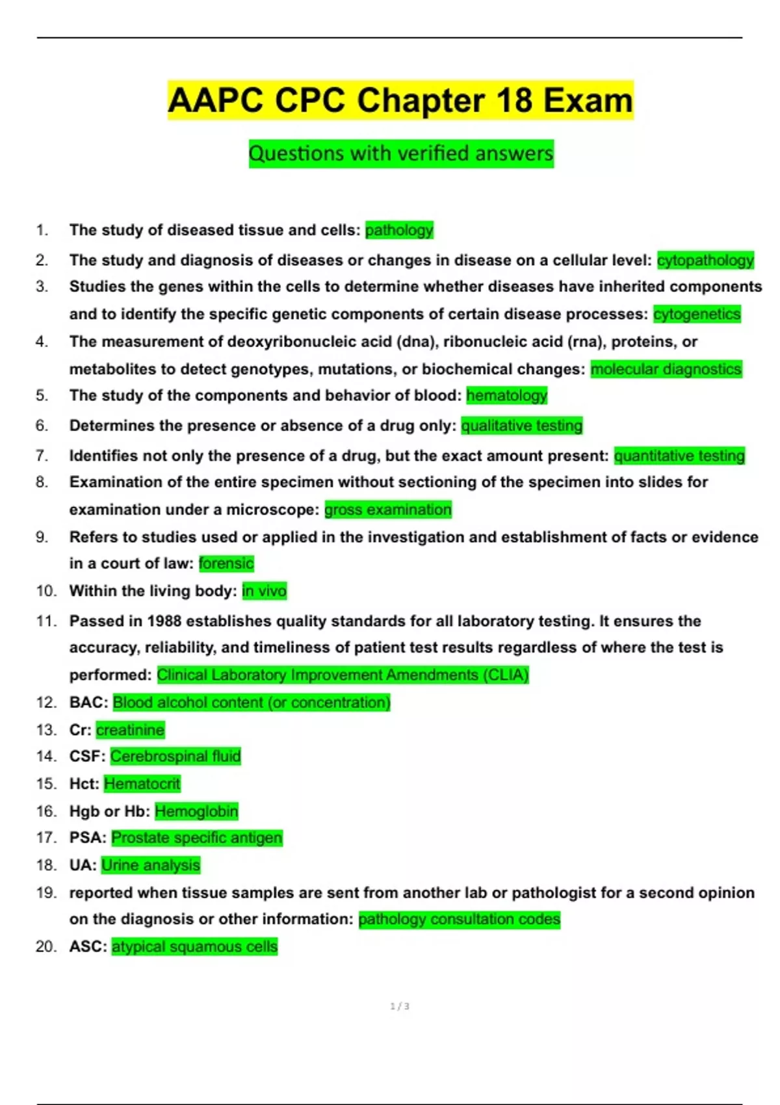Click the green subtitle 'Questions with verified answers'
401,154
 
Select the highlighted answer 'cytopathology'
705,260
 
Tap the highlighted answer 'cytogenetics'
697,314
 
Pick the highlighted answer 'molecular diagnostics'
666,369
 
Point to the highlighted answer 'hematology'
507,395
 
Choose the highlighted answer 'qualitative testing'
522,426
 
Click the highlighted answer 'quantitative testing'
679,456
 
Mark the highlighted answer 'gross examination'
388,510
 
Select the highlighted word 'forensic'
226,564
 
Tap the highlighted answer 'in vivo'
264,591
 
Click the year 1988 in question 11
164,621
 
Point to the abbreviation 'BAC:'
88,703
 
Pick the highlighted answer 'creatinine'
130,730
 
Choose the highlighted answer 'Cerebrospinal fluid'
175,757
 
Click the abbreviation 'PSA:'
88,838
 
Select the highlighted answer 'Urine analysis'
151,865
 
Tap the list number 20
46,947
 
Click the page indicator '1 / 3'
400,1006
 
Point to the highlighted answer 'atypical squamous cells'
194,947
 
